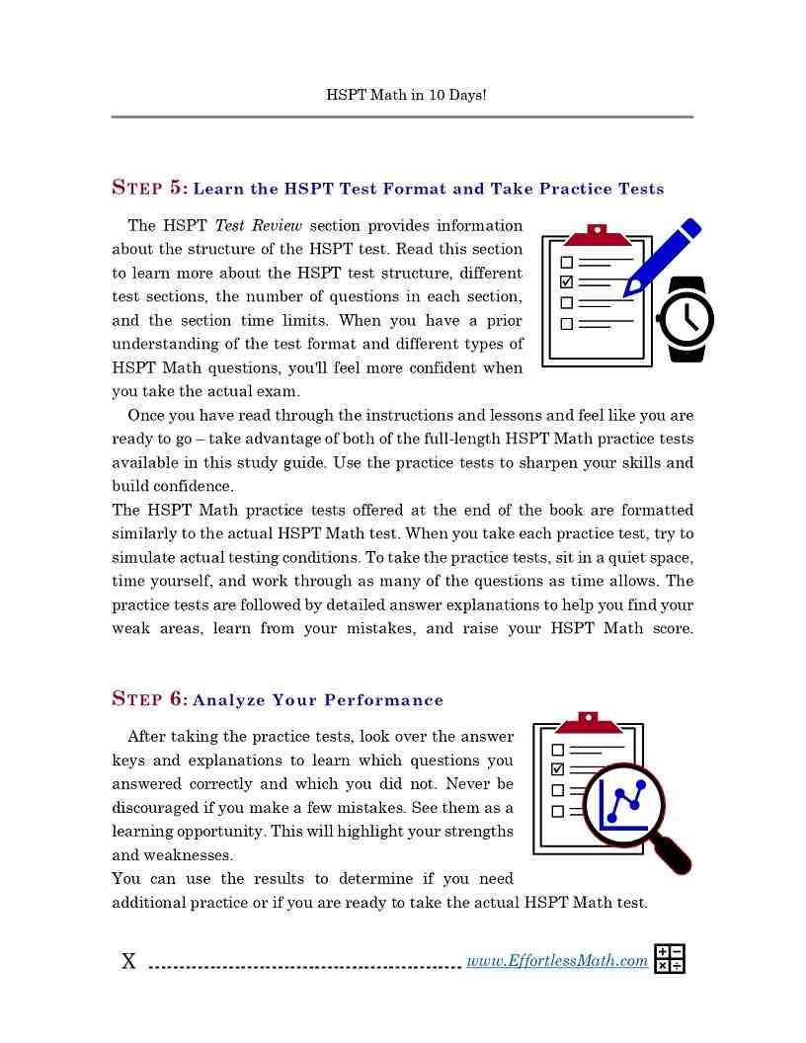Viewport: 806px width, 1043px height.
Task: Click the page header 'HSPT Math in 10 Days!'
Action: (x=405, y=96)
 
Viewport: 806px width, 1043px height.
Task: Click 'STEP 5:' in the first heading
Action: (x=149, y=188)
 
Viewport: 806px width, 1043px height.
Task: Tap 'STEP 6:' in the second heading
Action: (x=149, y=699)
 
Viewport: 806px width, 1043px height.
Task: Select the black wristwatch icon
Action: (x=685, y=319)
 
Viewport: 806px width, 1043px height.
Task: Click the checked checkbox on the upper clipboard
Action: (x=566, y=282)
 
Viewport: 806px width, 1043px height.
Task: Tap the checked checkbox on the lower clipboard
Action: (x=557, y=768)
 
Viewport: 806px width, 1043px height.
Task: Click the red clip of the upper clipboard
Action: (x=597, y=235)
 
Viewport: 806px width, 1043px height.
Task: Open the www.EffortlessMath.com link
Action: (x=557, y=961)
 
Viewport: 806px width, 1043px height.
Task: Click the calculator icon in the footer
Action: (x=670, y=959)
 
